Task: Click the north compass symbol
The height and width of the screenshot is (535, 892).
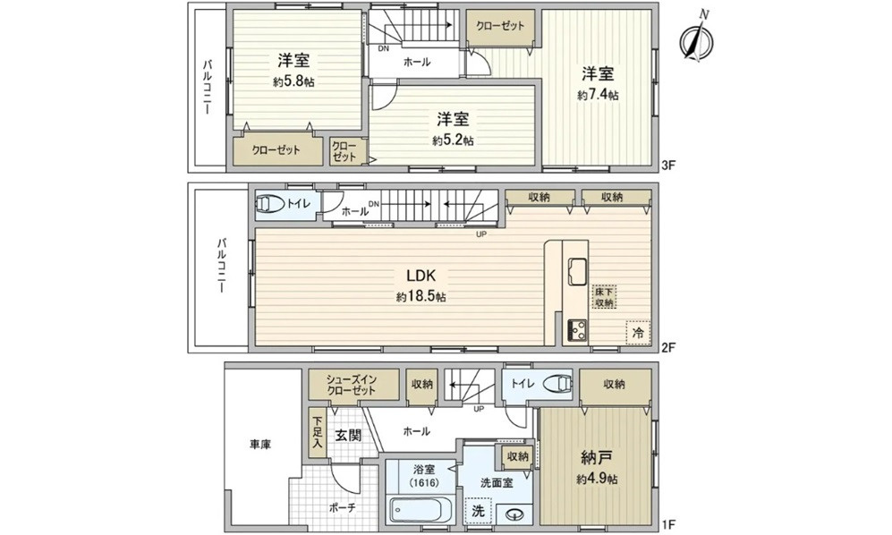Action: tap(695, 39)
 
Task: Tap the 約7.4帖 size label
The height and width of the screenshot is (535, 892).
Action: tap(598, 95)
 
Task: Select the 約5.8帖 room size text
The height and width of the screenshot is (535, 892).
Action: tap(293, 81)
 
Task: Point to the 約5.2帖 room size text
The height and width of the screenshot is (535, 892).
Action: tap(453, 140)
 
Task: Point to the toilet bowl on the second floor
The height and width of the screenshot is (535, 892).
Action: tap(270, 205)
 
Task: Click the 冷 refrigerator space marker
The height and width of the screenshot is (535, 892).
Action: tap(639, 331)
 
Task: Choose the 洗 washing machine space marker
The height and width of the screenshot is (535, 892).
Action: tap(480, 514)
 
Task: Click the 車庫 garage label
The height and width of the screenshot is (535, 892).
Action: tap(259, 444)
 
